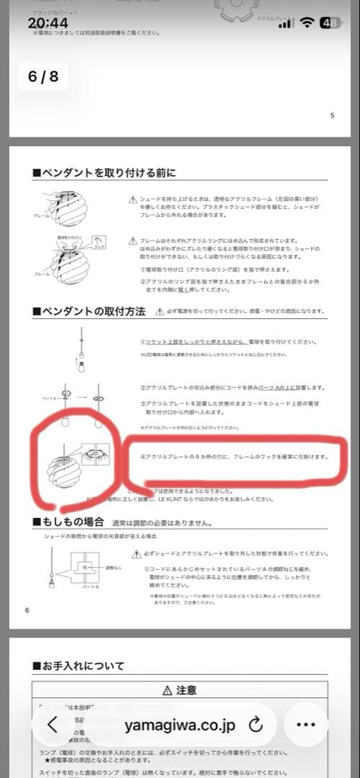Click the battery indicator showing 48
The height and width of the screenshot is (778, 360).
tap(330, 23)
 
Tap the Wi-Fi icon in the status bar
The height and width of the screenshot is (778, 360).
tap(307, 23)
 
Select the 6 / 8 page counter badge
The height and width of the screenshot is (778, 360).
tap(43, 76)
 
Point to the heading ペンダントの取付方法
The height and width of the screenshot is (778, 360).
tap(89, 311)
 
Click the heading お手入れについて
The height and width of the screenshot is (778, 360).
tap(78, 666)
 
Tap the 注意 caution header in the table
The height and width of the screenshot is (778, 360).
tap(181, 690)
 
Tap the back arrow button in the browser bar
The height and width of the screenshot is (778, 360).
tap(53, 725)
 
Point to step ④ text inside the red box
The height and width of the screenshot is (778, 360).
tap(233, 457)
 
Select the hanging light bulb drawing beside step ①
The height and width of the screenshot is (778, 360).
tap(78, 350)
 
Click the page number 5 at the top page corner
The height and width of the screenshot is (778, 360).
tap(332, 115)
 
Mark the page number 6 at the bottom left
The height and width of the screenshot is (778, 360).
tap(27, 610)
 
